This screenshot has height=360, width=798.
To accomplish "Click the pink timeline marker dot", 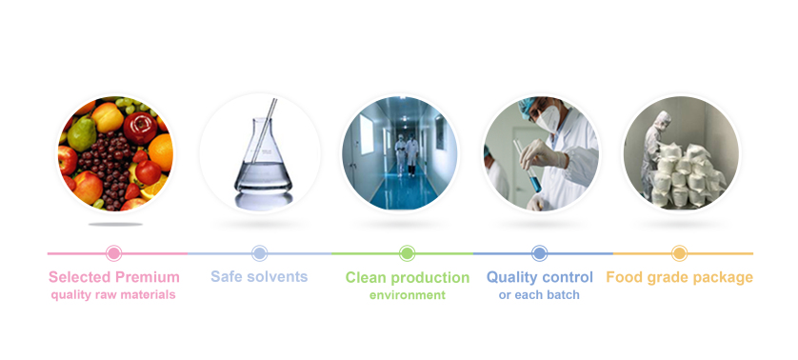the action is (114, 253).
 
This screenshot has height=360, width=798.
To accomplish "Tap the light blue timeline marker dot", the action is (260, 253).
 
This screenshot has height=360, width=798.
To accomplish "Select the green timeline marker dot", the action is (407, 253).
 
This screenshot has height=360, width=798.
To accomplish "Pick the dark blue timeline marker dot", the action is (539, 253).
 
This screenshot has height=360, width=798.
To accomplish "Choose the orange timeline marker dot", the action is (679, 253).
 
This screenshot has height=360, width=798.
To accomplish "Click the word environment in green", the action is (408, 295).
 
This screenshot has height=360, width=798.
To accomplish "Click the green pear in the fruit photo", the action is (82, 133).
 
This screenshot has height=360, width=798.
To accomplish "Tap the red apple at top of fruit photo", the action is (140, 128).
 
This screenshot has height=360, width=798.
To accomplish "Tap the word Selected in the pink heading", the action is (80, 277).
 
